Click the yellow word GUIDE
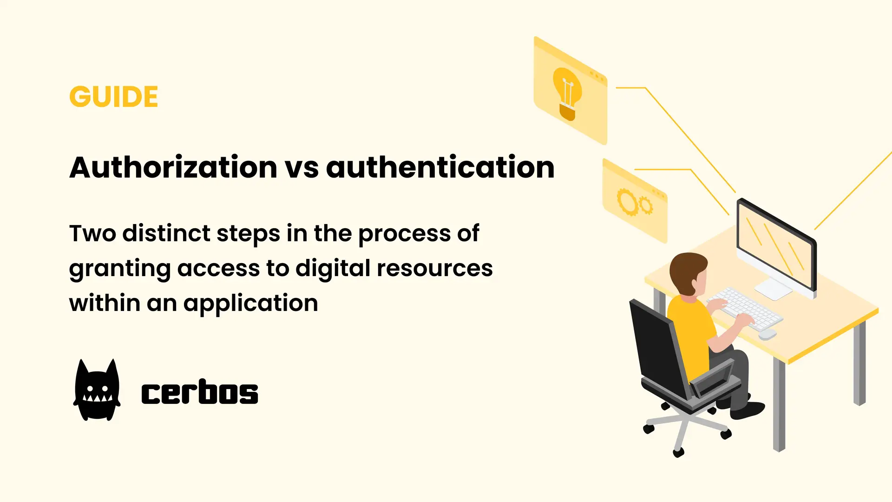[x=114, y=97]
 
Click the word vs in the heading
[x=302, y=168]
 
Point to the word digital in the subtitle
[x=333, y=268]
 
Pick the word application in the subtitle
[x=250, y=304]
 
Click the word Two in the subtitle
[x=92, y=233]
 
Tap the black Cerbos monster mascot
[x=97, y=390]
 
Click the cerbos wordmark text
[x=200, y=393]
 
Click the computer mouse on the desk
[x=767, y=334]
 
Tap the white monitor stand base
[x=773, y=289]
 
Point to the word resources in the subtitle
[x=434, y=268]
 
